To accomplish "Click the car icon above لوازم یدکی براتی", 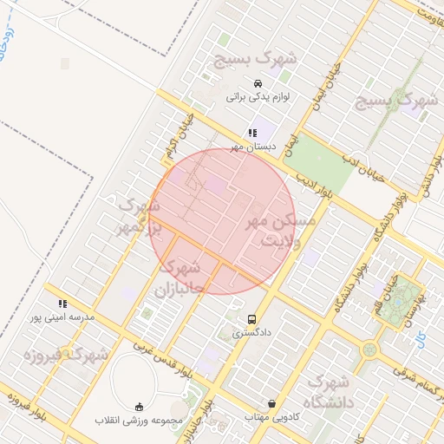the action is (x=258, y=83).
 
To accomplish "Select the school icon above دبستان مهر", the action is (x=252, y=134).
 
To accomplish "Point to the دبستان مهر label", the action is (x=252, y=147).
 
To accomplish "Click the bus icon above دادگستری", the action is (x=252, y=319).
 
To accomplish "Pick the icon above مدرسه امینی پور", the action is (x=62, y=304).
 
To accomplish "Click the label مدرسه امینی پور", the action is (x=62, y=318).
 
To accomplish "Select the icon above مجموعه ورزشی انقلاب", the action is (x=140, y=407).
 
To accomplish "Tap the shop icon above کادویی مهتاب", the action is (x=272, y=403).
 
